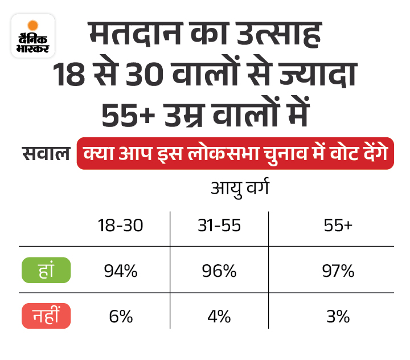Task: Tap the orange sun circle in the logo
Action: point(33,25)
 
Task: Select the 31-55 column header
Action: point(219,226)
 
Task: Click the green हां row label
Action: point(46,271)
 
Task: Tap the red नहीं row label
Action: point(46,316)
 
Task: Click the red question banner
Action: point(235,153)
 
